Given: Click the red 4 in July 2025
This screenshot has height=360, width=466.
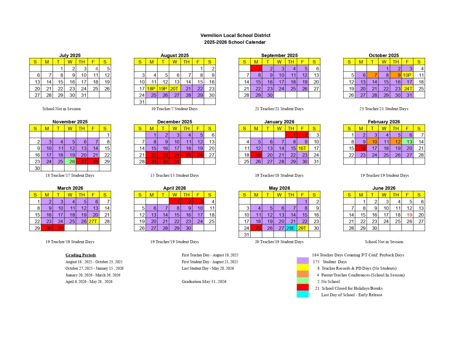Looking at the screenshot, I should [x=93, y=69].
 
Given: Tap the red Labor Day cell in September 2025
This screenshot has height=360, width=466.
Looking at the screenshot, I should [x=256, y=69].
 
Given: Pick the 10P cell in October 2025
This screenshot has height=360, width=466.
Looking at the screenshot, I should [x=407, y=75].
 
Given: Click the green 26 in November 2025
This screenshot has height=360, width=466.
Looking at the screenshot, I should [x=70, y=161].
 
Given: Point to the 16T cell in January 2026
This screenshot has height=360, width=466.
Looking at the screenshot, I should [x=302, y=148].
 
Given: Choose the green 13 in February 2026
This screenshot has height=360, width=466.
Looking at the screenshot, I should [x=407, y=142].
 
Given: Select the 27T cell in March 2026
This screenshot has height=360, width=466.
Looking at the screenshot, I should [x=93, y=221].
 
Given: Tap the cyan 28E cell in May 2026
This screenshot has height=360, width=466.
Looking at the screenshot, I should [x=291, y=228].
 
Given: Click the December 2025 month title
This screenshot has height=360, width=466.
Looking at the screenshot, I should [x=175, y=122].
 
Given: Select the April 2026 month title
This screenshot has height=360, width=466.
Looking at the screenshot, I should [x=175, y=188].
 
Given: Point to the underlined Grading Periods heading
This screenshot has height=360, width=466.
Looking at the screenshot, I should [x=81, y=255].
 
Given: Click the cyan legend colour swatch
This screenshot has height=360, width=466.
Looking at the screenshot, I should [x=302, y=294].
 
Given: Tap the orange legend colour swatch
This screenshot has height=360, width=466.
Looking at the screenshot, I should [x=302, y=274].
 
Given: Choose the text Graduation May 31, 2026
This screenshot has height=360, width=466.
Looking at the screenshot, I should [x=204, y=281].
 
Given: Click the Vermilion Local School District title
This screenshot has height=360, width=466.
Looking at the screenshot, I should [x=235, y=35].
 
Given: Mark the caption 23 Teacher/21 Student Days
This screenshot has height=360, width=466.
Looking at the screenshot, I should [x=384, y=109].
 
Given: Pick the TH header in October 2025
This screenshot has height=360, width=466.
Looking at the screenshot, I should [x=396, y=62].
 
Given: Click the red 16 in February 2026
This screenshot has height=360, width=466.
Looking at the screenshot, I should [x=361, y=148].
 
